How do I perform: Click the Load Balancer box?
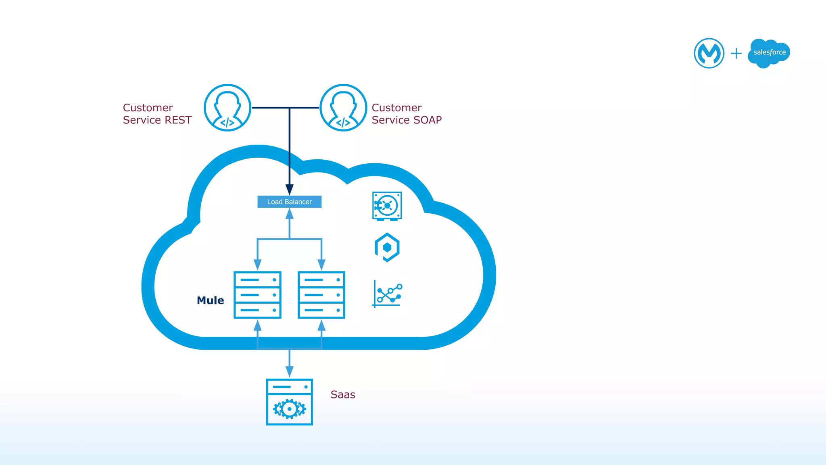(289, 202)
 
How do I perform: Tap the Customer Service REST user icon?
(227, 108)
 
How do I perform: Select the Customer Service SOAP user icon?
(343, 108)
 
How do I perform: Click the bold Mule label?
(210, 300)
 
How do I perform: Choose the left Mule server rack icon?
(257, 295)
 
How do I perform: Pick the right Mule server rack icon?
(321, 295)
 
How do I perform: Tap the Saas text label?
(342, 394)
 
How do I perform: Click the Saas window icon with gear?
(289, 402)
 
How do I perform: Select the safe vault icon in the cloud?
(387, 206)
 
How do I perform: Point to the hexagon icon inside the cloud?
(387, 247)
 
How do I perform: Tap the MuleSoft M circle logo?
(709, 53)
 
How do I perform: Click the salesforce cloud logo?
(769, 53)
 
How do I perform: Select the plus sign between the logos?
(736, 53)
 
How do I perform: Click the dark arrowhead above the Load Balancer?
(289, 190)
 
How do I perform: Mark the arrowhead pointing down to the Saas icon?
(289, 371)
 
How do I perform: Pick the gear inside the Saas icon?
(289, 409)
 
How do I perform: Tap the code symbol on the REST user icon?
(227, 123)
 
